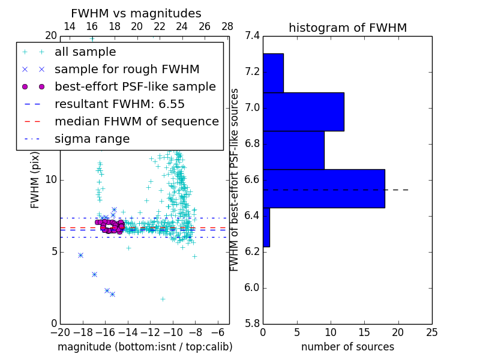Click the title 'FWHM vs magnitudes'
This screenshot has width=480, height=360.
(136, 13)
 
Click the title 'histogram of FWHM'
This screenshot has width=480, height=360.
(347, 28)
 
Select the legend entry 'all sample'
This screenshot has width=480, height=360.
(85, 52)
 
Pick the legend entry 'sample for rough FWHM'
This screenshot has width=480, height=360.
(127, 70)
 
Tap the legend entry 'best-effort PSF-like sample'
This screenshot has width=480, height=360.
(135, 87)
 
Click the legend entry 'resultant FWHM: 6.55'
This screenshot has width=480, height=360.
(119, 104)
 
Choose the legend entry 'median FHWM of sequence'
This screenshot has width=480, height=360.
(136, 122)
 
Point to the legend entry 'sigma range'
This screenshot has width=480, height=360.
(92, 139)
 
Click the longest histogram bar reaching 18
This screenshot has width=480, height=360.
(324, 188)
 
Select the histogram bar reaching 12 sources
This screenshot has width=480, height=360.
(304, 112)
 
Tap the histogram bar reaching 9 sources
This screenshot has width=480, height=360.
(293, 150)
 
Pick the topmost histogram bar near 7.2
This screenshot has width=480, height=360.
(273, 73)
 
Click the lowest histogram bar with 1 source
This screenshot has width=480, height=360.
(266, 227)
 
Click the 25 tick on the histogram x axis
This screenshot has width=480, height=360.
(431, 332)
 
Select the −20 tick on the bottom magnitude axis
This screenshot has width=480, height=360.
(60, 332)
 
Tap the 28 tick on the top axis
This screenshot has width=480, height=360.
(227, 26)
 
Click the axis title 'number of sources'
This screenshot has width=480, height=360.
(347, 347)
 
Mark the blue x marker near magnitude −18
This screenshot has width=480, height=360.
(80, 255)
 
